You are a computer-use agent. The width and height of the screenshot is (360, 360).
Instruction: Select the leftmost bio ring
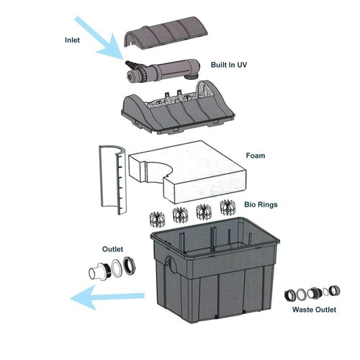[156, 216]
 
